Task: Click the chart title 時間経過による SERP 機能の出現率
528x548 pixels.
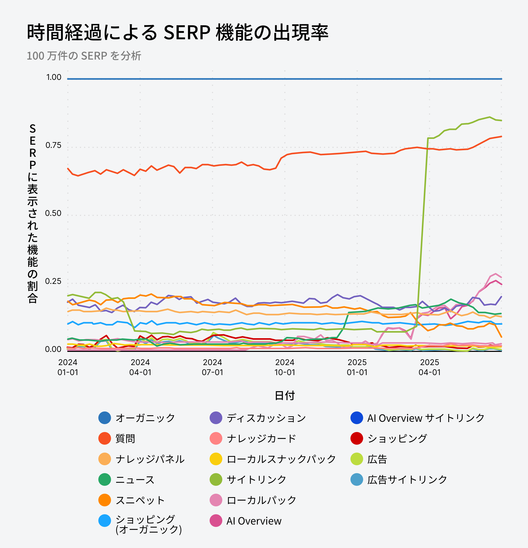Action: coord(177,32)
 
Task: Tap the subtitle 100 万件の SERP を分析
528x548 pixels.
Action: coord(84,56)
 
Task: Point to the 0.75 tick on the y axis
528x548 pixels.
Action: coord(53,145)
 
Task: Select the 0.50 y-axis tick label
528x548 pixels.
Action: coord(53,213)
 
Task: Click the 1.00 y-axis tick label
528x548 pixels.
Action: coord(54,77)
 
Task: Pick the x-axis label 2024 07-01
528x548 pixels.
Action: coord(213,367)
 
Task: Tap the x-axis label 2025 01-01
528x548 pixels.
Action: coord(357,367)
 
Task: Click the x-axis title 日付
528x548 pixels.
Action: coord(285,396)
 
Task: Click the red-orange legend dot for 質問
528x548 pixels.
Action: coord(105,438)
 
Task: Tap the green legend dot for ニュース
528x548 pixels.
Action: coord(105,479)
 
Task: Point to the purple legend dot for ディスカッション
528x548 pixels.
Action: coord(216,418)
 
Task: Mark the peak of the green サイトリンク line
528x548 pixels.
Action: coord(489,117)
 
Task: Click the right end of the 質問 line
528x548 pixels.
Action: coord(501,137)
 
